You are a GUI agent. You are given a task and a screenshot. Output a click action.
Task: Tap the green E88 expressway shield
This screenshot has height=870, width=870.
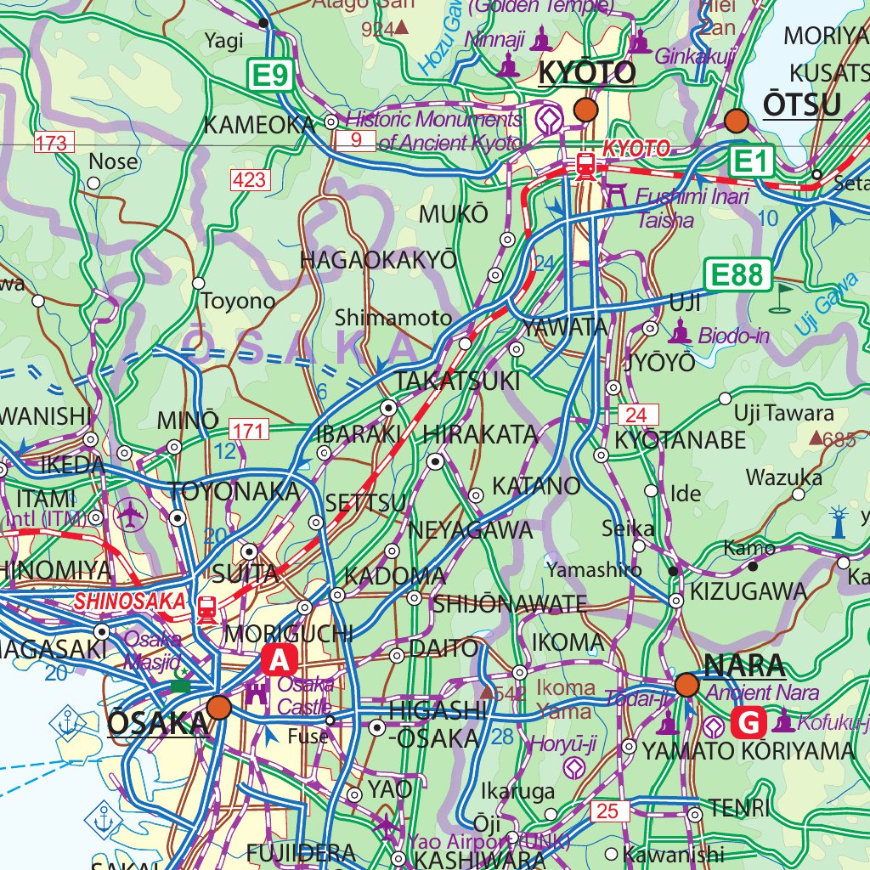point(737,274)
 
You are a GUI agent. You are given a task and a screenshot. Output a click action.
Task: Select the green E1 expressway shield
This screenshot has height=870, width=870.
point(751,160)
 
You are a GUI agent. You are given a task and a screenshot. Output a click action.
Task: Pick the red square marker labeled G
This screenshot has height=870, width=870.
point(750,723)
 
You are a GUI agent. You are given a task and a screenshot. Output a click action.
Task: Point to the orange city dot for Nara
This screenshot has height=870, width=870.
point(686,685)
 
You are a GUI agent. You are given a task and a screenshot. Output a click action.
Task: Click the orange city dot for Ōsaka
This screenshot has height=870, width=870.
point(219,708)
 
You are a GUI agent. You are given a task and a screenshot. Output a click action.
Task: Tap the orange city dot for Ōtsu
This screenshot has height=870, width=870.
point(736,121)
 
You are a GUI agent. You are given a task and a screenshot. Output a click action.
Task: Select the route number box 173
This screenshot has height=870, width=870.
point(52,143)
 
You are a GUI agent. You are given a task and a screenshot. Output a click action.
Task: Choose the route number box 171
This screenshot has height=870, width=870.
point(248,430)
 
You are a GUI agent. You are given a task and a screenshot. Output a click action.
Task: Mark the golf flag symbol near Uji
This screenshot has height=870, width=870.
point(782,297)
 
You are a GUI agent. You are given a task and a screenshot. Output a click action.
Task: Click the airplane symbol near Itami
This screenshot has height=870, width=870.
point(130,514)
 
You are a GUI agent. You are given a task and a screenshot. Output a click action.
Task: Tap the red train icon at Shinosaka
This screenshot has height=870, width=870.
point(206,608)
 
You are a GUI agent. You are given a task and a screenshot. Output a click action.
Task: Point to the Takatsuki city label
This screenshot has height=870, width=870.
point(457,381)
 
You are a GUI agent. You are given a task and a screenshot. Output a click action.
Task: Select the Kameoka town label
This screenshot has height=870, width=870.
point(259,125)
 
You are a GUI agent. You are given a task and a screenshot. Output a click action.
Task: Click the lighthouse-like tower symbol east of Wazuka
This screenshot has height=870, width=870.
point(839,522)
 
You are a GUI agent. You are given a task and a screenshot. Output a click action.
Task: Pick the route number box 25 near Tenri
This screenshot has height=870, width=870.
point(607,811)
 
